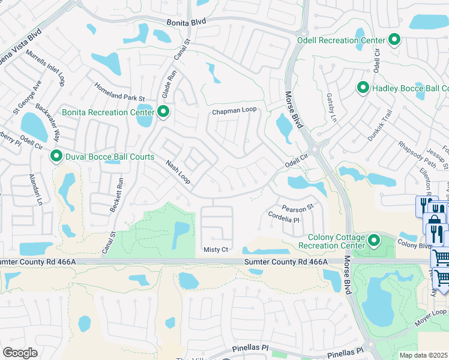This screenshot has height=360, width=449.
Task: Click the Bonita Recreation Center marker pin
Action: point(163,112)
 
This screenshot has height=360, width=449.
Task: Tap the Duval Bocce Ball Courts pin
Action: point(56,157)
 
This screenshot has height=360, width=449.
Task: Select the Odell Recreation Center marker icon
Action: point(394,40)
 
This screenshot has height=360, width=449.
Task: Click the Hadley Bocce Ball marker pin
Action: point(363,88)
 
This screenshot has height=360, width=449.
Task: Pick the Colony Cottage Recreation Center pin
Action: point(375,241)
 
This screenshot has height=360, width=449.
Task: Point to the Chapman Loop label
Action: point(234,111)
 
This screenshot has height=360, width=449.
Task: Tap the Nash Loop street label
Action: point(178,172)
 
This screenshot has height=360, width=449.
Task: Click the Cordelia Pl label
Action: point(283,217)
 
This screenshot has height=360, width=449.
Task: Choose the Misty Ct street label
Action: point(216,250)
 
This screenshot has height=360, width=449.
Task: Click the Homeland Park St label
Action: point(120,91)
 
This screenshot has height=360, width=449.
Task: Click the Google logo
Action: point(20,353)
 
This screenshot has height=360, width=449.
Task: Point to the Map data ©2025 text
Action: point(424,355)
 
